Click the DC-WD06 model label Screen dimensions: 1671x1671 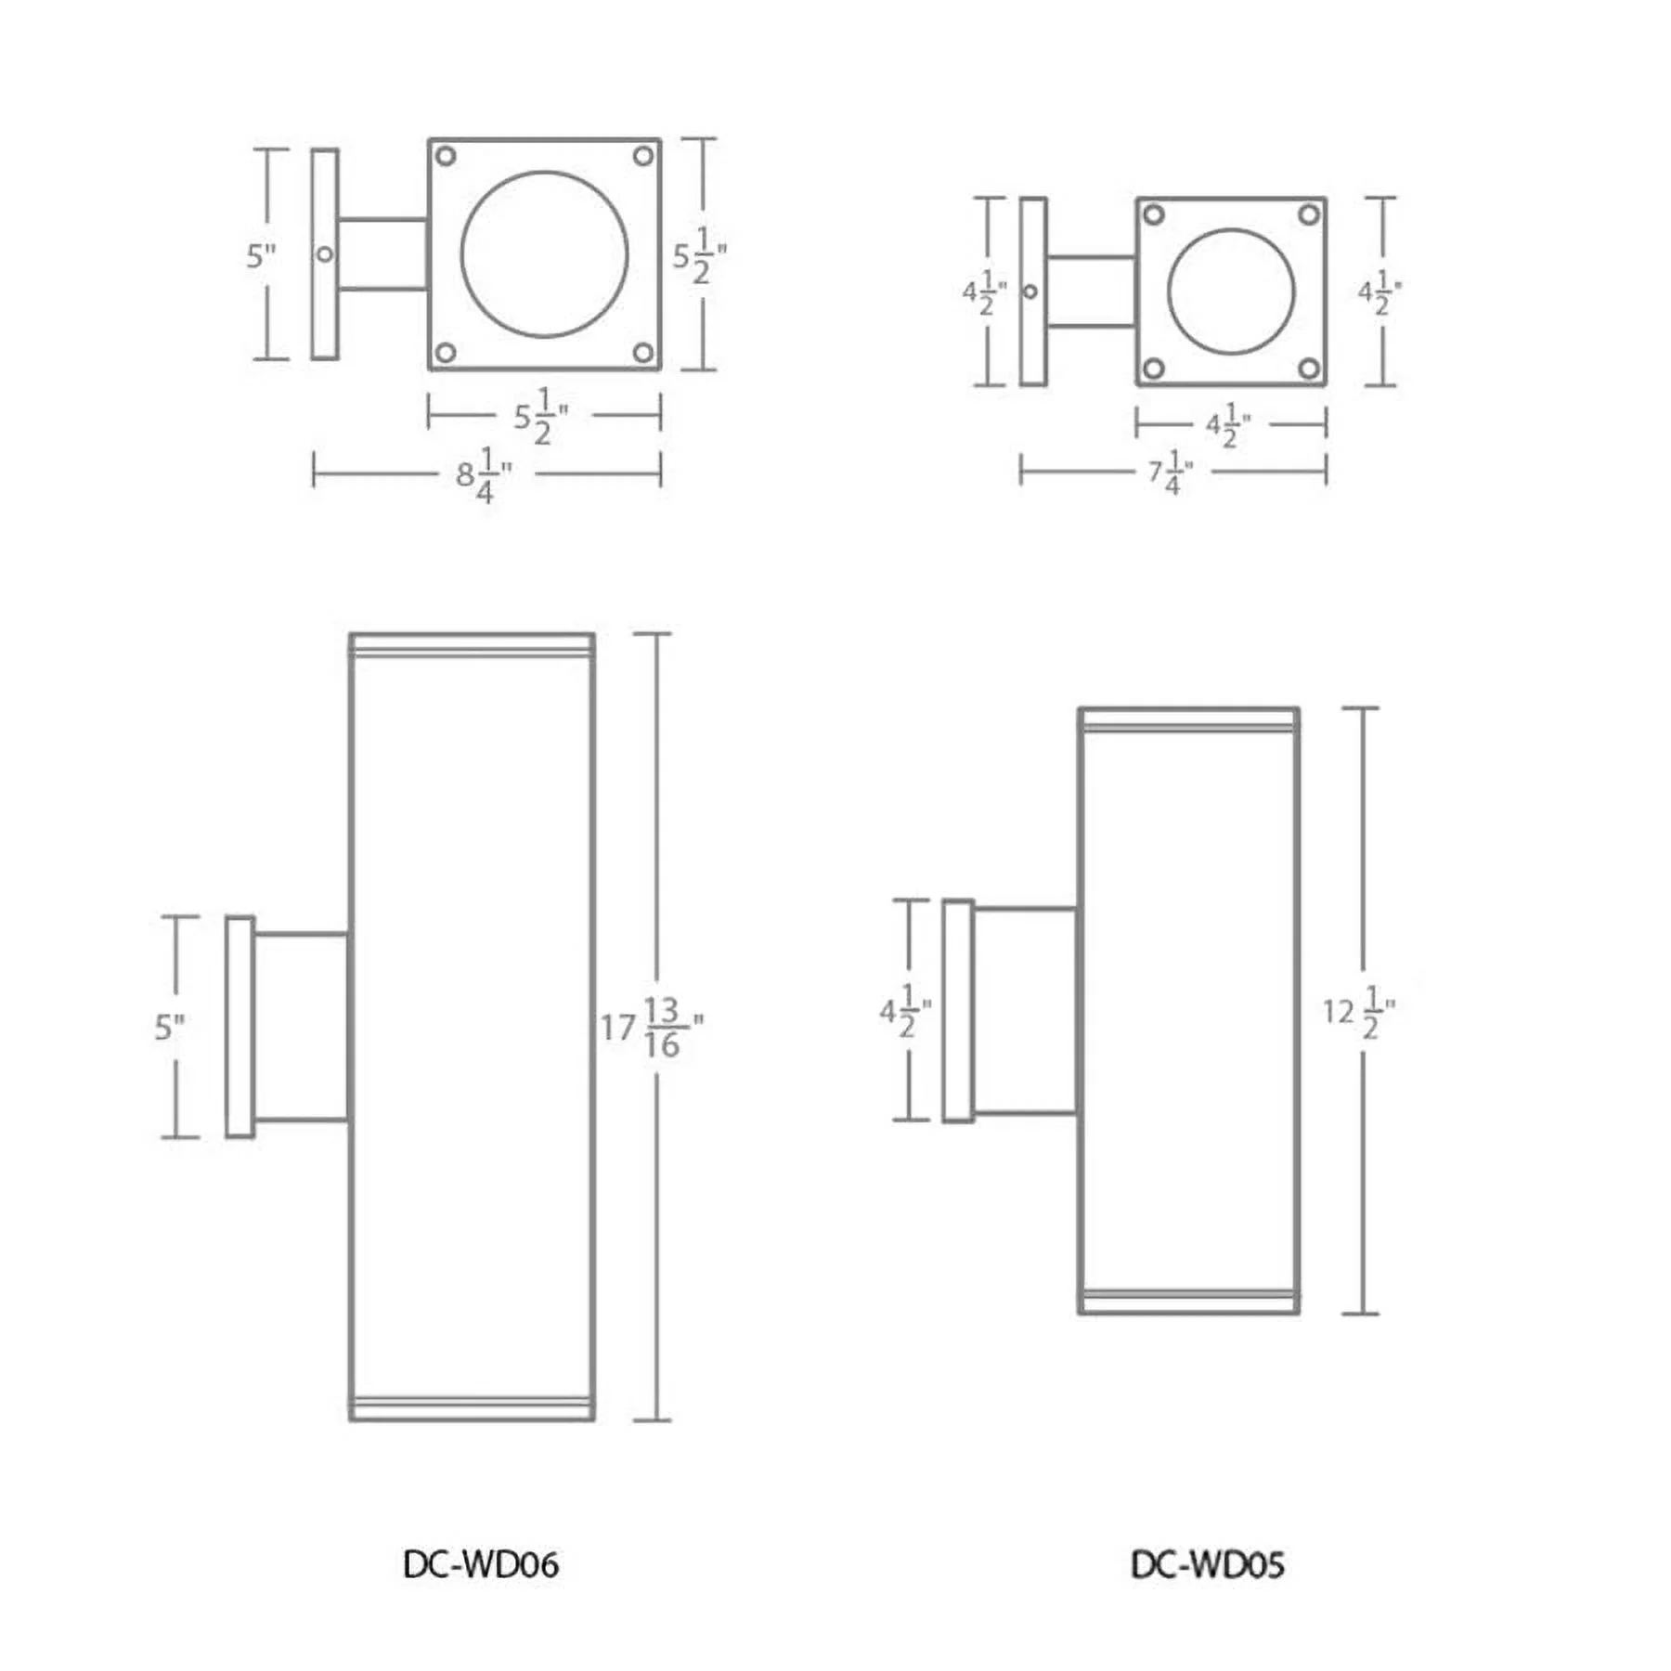pos(480,1565)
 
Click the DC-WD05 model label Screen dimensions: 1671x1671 pos(1207,1565)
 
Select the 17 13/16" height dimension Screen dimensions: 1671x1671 pos(651,1027)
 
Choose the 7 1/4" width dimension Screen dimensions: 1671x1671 pos(1170,473)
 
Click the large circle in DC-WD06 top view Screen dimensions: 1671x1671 pos(544,254)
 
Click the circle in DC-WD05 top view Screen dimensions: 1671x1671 pos(1230,291)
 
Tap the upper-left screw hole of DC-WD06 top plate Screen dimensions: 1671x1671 pos(446,156)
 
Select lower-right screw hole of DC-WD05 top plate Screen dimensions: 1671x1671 pos(1308,369)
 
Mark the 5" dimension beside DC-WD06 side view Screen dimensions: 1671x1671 pos(169,1027)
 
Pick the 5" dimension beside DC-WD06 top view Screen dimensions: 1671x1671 pos(261,255)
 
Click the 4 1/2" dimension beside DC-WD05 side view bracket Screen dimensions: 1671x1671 pos(904,1011)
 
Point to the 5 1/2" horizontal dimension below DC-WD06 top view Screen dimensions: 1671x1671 pos(541,417)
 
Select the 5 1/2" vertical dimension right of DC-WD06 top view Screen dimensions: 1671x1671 pos(699,255)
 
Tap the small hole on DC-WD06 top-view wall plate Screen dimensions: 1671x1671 pos(325,253)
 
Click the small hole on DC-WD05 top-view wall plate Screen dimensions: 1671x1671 pos(1030,291)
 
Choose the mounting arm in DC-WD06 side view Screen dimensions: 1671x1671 pos(301,1027)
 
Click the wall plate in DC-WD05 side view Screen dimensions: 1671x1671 pos(958,1011)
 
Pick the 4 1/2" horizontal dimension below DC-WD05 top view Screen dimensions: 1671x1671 pos(1227,425)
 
